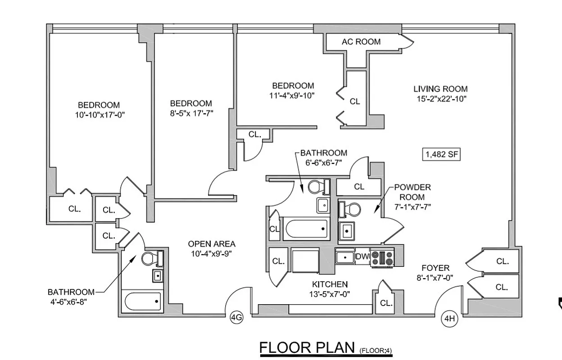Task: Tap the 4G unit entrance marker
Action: coord(236,318)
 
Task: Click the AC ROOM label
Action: coord(361,42)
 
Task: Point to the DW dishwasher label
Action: coord(362,256)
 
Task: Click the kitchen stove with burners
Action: coord(382,258)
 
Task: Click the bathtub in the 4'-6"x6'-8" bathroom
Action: coord(143,301)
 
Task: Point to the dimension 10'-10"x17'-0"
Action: coord(100,115)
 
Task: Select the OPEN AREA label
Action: coord(212,244)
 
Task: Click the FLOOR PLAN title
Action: coord(307,348)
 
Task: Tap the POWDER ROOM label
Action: coord(412,192)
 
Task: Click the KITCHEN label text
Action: coord(330,284)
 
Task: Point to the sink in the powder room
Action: coord(347,230)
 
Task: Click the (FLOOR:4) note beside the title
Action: coord(376,350)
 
